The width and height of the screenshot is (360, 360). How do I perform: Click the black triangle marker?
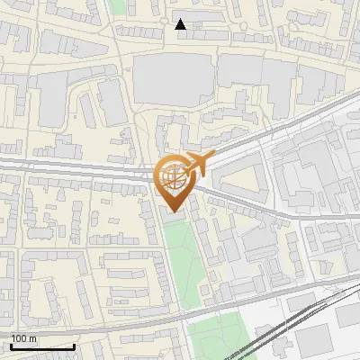click(x=181, y=24)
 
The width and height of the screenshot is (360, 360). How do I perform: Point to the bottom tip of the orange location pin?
click(x=172, y=211)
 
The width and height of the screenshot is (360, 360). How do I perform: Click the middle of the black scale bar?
click(x=42, y=346)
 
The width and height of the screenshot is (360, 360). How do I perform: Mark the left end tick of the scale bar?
click(x=12, y=346)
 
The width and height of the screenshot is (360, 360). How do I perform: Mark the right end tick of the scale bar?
click(x=74, y=346)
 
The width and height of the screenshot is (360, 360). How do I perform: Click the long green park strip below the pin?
click(x=180, y=261)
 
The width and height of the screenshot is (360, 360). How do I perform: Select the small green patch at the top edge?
click(x=116, y=5)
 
